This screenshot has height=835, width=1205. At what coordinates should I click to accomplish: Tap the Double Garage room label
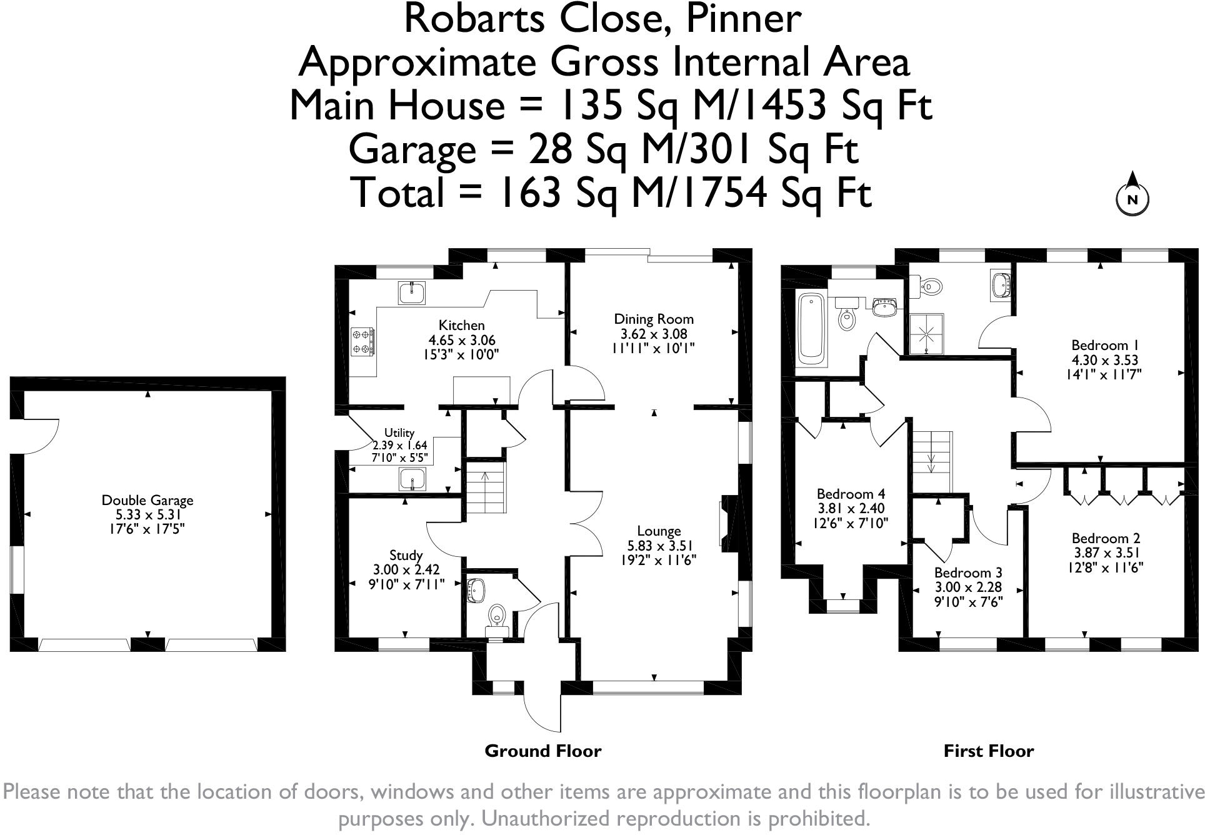147,500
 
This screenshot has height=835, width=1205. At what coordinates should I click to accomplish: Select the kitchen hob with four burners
362,342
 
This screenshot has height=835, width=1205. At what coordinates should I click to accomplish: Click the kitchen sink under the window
412,292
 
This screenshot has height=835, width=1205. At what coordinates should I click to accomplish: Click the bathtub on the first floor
811,329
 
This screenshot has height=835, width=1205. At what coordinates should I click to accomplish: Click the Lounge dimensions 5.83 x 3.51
658,546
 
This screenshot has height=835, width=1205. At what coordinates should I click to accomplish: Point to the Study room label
406,555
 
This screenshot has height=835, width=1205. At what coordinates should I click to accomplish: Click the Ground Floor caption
542,751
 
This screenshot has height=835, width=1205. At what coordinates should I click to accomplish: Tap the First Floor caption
988,751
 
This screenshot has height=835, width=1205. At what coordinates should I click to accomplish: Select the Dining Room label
653,319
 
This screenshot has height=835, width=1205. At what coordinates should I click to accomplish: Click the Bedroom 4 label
851,494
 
